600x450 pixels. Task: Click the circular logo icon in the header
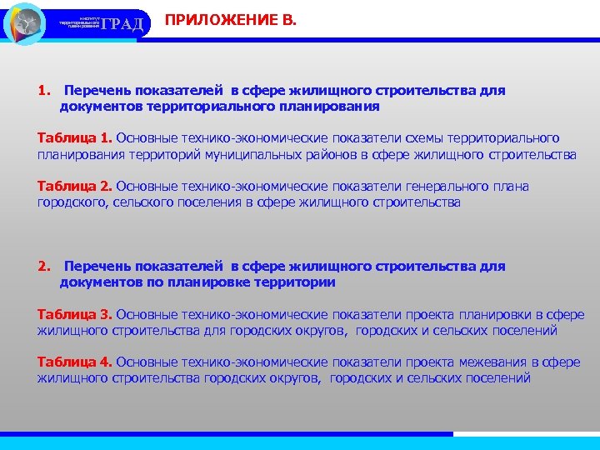point(25,23)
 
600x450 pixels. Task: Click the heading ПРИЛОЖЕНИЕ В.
point(230,17)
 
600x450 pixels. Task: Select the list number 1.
point(42,90)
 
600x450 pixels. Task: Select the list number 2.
point(42,267)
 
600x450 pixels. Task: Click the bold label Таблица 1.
point(74,138)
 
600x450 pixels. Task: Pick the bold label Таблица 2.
point(74,187)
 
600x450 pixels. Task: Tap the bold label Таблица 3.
point(74,315)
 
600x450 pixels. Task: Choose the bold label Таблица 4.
point(74,362)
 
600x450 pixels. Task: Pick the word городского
point(69,202)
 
